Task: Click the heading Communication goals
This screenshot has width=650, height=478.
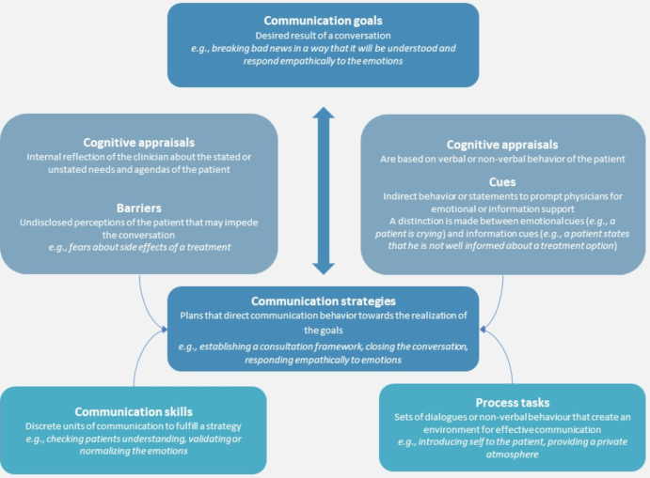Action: pos(324,20)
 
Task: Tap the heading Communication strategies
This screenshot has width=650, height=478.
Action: pos(323,301)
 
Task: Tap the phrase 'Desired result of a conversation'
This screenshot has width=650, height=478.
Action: pos(324,37)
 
